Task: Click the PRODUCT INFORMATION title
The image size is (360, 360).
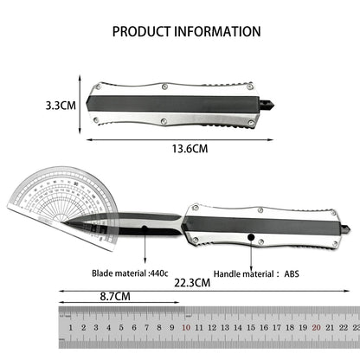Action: [186, 31]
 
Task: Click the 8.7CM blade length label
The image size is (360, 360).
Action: [115, 296]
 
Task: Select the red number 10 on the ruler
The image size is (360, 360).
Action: [185, 329]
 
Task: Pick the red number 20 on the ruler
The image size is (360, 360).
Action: [317, 329]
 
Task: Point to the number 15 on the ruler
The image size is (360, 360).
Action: [251, 329]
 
